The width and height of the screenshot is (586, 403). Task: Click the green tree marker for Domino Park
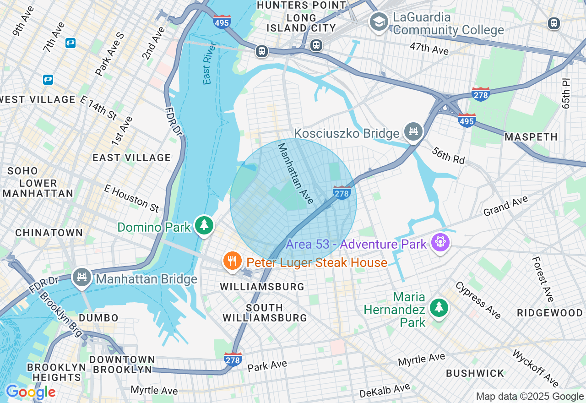tap(204, 225)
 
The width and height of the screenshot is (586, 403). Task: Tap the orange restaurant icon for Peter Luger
tap(233, 261)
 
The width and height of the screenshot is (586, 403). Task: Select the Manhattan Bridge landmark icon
tap(82, 278)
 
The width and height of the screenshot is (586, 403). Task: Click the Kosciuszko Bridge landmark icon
tap(413, 132)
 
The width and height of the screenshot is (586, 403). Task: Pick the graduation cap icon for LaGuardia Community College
tap(379, 22)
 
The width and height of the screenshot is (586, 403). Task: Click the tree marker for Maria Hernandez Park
tap(439, 308)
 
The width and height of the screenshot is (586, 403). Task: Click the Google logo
tap(31, 392)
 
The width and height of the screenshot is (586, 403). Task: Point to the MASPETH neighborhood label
tap(531, 137)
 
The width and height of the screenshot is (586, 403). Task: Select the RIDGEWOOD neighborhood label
tap(550, 313)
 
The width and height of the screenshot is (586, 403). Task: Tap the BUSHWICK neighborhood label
tap(475, 373)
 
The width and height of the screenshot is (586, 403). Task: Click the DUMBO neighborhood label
tap(98, 317)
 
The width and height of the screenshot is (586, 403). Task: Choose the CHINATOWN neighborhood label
tap(49, 233)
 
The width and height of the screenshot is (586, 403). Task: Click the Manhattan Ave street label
tap(296, 174)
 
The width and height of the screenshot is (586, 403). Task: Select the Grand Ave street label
tap(505, 206)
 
